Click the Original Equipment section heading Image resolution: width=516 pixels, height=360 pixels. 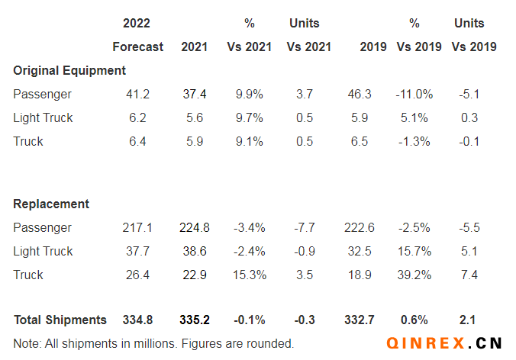[x=69, y=70]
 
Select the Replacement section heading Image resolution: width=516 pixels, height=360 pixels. [x=51, y=204]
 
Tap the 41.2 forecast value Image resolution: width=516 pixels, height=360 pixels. [x=137, y=94]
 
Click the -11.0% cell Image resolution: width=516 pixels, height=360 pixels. [x=414, y=94]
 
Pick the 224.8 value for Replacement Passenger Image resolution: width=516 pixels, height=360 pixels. [x=194, y=227]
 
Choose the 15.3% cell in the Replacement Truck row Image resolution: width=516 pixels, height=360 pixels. [x=250, y=275]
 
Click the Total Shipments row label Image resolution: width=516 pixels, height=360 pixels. [x=60, y=320]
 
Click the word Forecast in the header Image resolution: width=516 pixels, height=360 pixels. [x=137, y=47]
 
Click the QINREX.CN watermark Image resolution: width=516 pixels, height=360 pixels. [x=445, y=344]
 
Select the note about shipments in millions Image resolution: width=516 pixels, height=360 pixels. [x=153, y=343]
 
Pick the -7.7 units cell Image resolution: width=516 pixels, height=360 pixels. [x=305, y=227]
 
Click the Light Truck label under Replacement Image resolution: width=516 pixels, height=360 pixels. [x=43, y=251]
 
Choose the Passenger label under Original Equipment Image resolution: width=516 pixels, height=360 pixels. [x=42, y=94]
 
